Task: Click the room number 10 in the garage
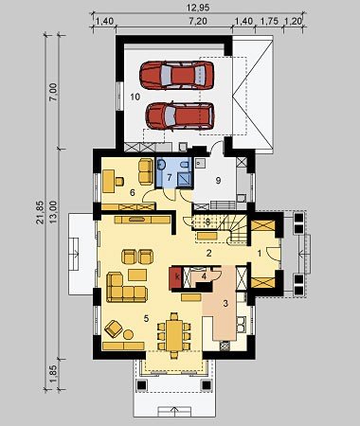click(x=135, y=97)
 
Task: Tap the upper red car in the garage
click(x=177, y=75)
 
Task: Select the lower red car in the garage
click(x=180, y=115)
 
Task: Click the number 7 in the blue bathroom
click(x=170, y=177)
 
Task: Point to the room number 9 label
click(x=218, y=181)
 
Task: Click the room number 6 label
click(x=133, y=192)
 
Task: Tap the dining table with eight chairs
click(x=174, y=335)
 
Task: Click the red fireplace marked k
click(x=176, y=277)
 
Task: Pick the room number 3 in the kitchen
click(x=225, y=304)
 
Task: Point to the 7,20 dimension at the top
click(x=198, y=21)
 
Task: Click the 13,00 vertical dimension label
click(x=53, y=212)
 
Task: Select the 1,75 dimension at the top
click(x=269, y=21)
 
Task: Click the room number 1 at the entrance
click(x=260, y=253)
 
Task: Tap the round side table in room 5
click(x=128, y=334)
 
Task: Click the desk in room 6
click(x=108, y=181)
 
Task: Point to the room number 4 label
click(x=204, y=276)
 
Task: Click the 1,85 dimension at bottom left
click(x=53, y=375)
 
